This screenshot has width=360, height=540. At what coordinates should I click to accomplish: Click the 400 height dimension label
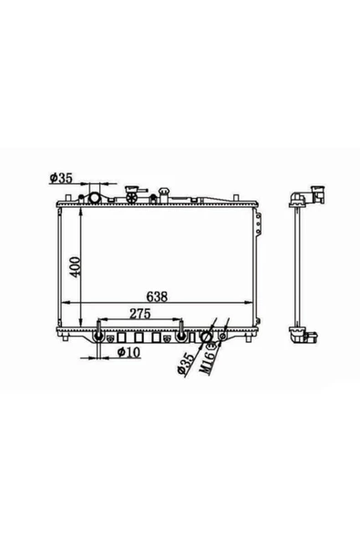76,266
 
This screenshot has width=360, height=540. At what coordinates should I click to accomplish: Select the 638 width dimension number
157,296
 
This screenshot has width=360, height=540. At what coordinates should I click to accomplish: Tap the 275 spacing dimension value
140,314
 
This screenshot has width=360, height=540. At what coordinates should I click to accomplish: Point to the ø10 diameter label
129,352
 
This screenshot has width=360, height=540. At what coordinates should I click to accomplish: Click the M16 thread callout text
208,360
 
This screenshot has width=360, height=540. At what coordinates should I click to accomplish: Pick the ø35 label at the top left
61,178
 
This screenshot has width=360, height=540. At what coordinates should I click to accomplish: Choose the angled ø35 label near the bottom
186,363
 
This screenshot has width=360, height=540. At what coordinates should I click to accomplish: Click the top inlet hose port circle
94,198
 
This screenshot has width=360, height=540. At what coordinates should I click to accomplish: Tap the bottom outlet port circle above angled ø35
206,337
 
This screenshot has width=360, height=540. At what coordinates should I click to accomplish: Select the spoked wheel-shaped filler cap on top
132,198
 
